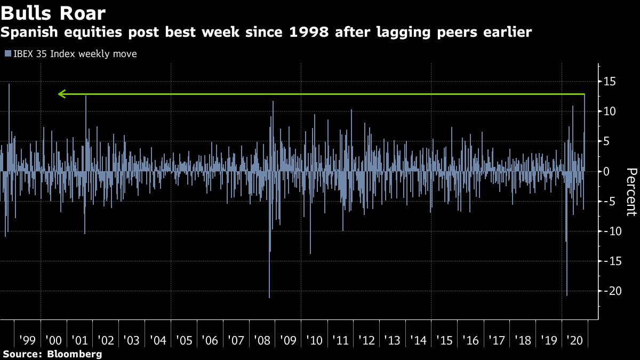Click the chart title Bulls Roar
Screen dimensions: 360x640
[x=53, y=12]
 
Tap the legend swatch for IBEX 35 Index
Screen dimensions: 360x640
[x=7, y=54]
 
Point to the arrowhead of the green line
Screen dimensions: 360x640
[x=61, y=94]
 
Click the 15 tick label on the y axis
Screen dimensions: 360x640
[x=610, y=82]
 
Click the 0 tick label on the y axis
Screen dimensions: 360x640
[x=606, y=171]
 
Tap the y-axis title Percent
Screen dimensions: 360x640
[x=631, y=192]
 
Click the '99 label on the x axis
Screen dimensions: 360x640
[x=27, y=340]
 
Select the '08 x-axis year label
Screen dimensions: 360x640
[x=262, y=340]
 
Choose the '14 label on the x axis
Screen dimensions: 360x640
[x=418, y=340]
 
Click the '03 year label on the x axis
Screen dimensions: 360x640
[x=131, y=340]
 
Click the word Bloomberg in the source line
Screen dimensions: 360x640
[x=74, y=354]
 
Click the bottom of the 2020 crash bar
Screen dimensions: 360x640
[x=567, y=294]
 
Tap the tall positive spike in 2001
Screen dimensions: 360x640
[x=86, y=98]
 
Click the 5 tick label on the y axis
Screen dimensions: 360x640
[x=606, y=141]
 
